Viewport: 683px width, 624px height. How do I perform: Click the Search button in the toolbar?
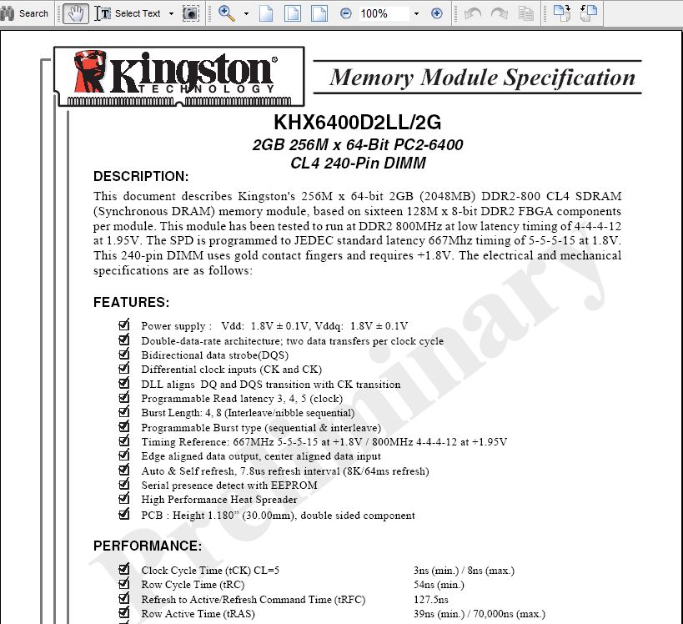click(26, 13)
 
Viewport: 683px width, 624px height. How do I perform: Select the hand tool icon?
click(75, 13)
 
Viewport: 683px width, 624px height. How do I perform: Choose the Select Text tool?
click(129, 13)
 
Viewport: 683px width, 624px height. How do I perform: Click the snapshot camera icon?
click(191, 13)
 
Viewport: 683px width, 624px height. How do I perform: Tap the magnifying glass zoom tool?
click(226, 13)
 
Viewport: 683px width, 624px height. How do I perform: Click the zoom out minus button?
click(346, 13)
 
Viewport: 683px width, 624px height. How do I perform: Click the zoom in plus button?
click(436, 13)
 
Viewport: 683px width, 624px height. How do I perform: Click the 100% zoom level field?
click(384, 13)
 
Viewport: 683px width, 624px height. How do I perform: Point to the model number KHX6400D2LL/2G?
click(357, 123)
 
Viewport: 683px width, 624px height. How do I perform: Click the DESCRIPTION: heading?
click(141, 176)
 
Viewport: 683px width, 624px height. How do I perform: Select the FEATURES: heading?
click(131, 302)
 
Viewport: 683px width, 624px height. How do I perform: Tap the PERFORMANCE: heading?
click(147, 546)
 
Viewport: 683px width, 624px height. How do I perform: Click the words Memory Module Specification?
click(482, 78)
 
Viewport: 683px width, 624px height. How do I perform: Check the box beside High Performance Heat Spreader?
click(124, 499)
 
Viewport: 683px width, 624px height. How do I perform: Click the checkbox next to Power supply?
click(124, 325)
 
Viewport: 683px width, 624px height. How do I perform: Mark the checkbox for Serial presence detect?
click(124, 485)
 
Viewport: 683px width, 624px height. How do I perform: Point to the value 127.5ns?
click(430, 600)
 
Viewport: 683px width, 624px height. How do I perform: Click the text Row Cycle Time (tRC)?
click(189, 586)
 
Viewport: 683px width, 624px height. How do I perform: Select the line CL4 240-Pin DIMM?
click(358, 163)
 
